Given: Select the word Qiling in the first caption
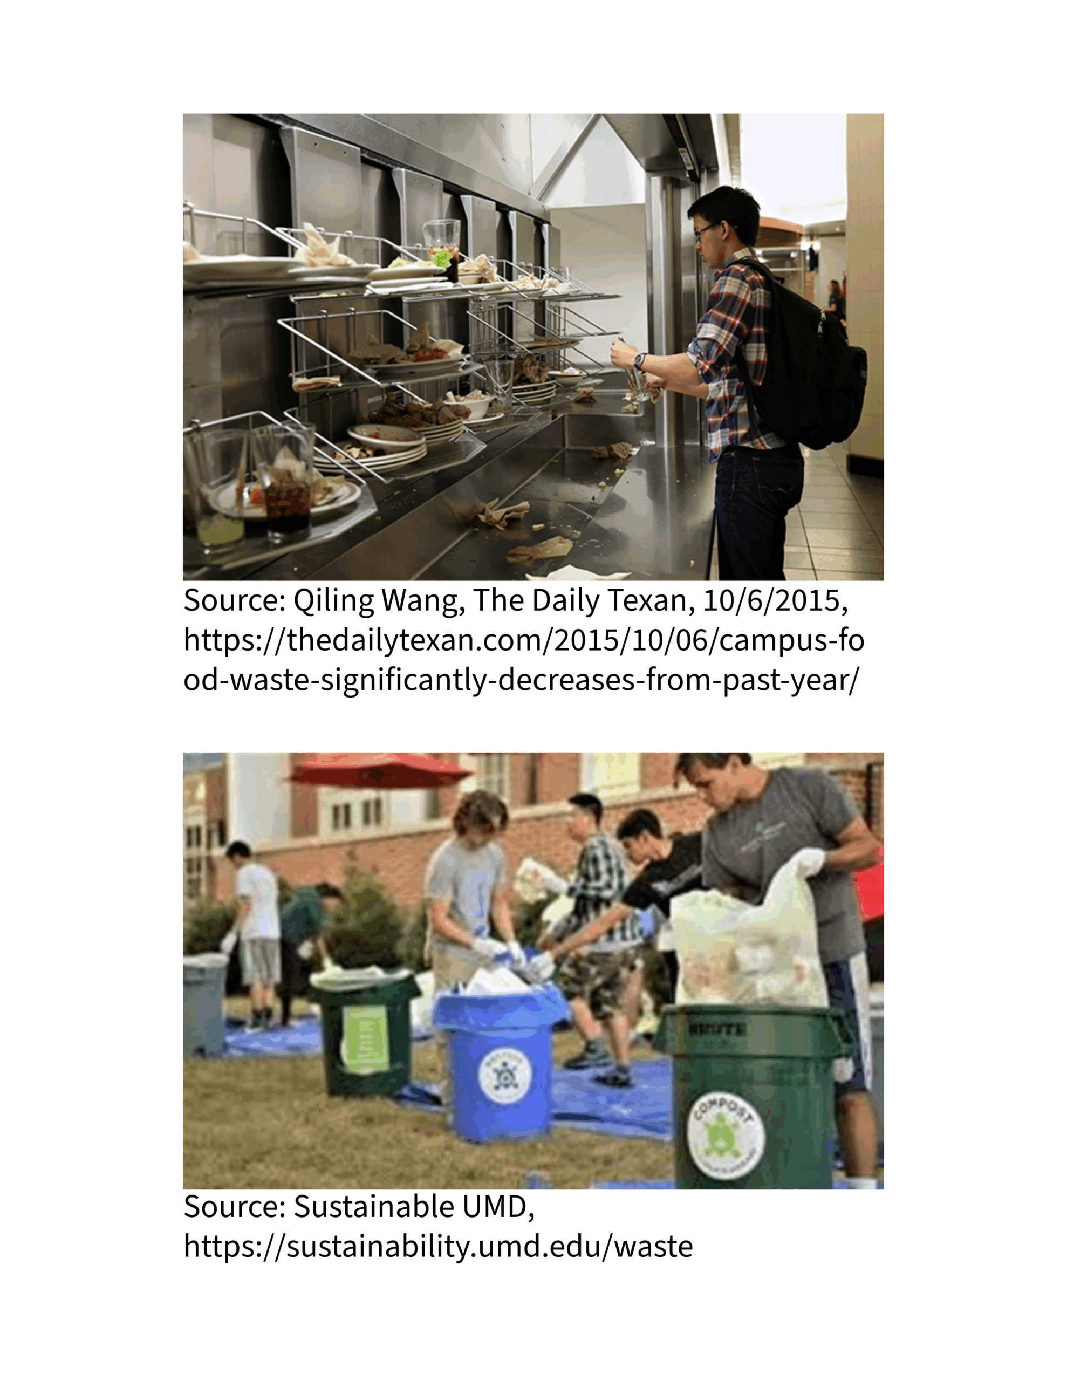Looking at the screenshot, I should pos(333,601).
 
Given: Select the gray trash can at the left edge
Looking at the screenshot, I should pos(204,1006).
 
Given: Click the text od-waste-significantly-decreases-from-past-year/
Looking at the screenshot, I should pos(522,680).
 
